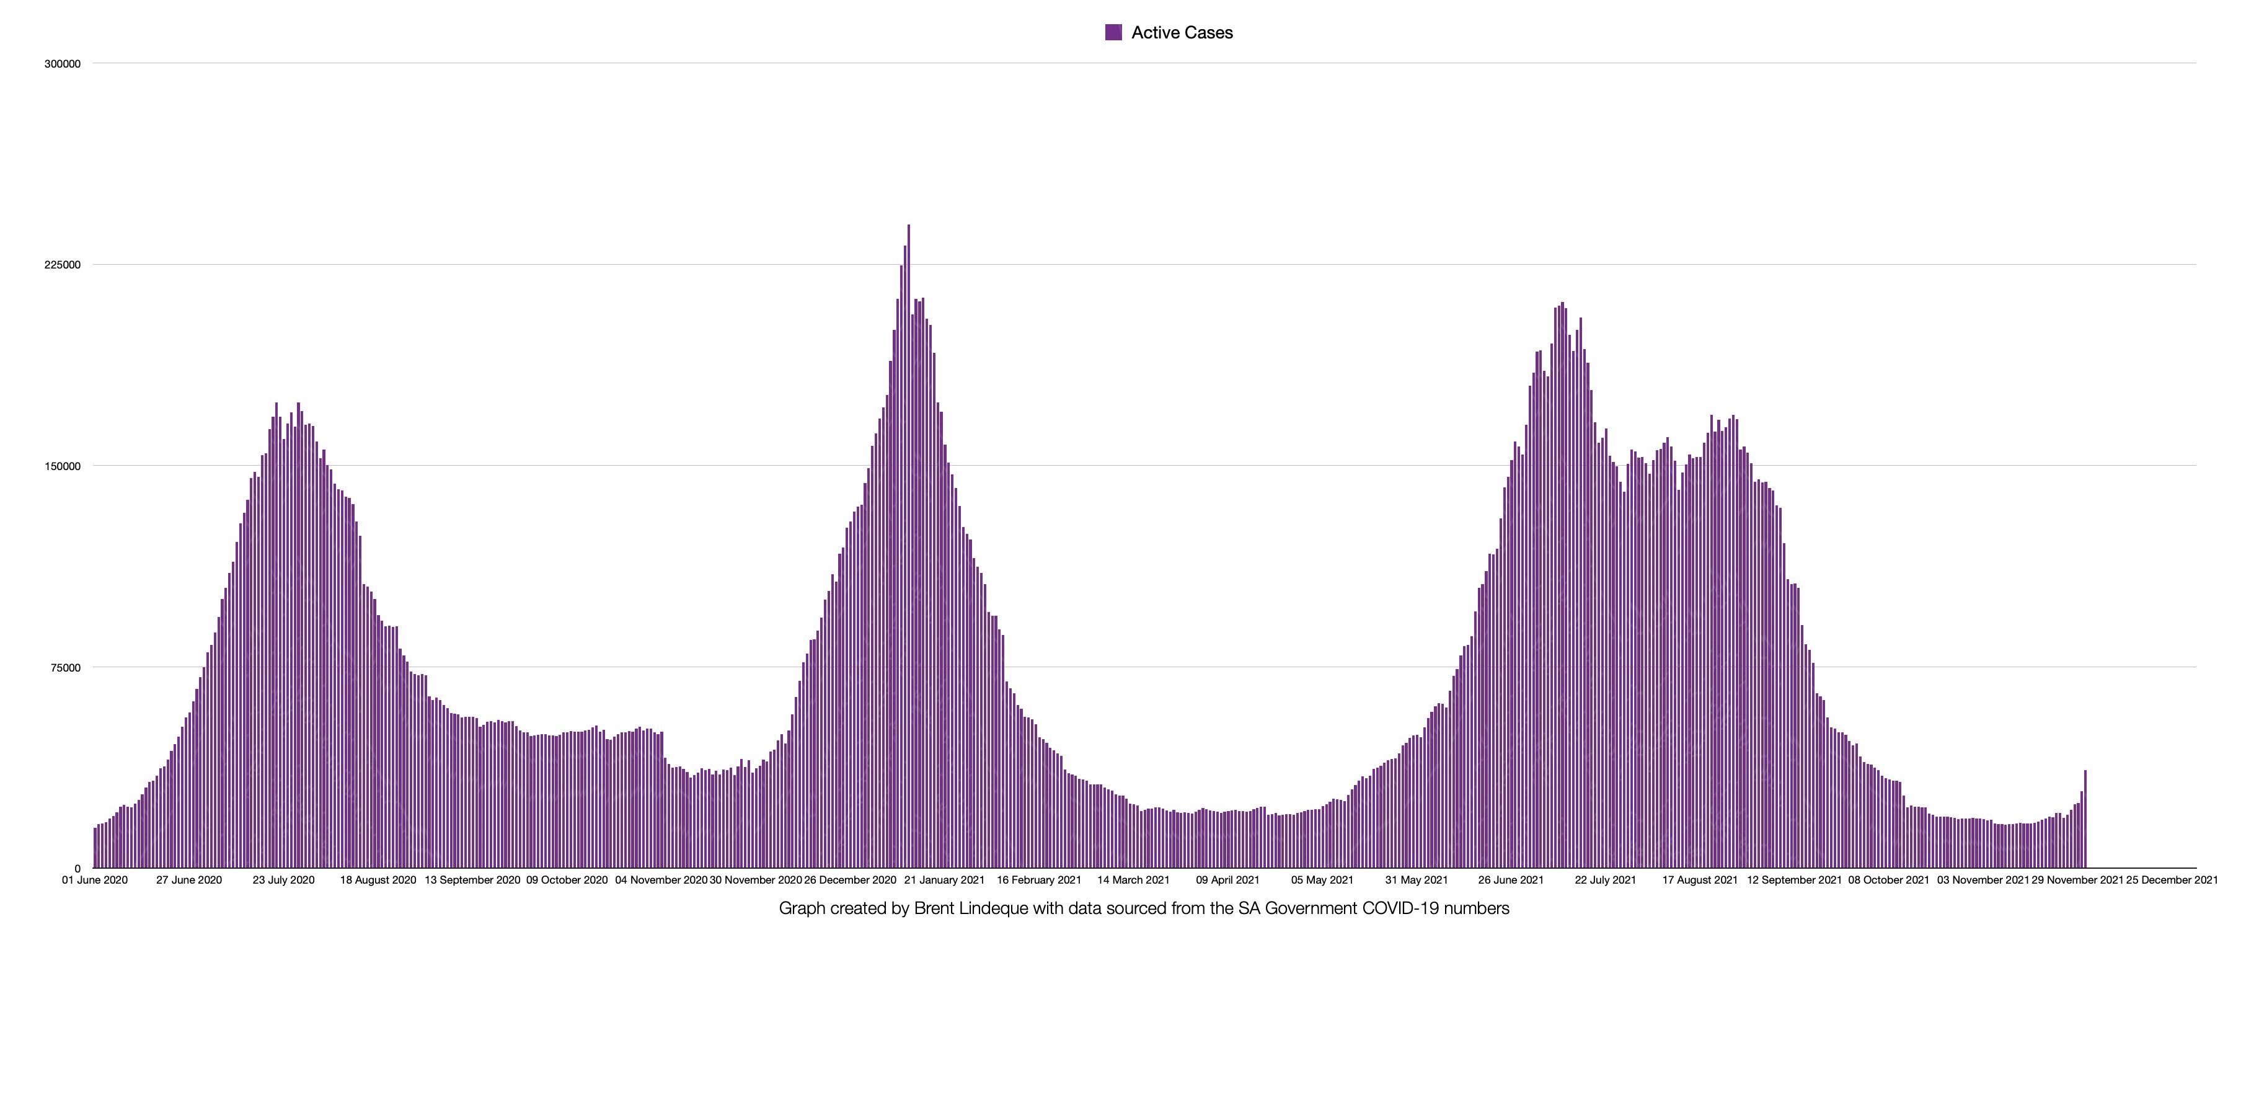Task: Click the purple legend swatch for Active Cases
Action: pos(1113,32)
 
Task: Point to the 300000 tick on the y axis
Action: pos(62,64)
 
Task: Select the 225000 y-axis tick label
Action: pos(62,265)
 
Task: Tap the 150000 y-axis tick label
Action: pos(62,466)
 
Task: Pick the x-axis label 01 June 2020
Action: pos(95,880)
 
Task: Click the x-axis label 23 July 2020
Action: pos(283,880)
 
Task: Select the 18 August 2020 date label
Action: pos(378,880)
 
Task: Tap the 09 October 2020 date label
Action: pos(567,880)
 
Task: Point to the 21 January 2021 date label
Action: pos(945,880)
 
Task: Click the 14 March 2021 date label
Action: pos(1133,880)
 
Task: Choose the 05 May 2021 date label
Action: pos(1322,880)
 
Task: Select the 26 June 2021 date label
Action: pos(1510,880)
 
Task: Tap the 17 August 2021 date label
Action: pos(1699,880)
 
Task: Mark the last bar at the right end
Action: pos(2084,820)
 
